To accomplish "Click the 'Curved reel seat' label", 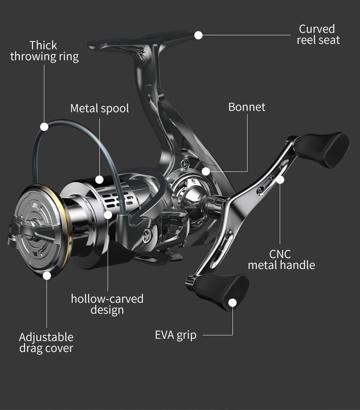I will pos(318,35).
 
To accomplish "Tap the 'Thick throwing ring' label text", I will pos(44,51).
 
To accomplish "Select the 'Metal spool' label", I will pos(99,108).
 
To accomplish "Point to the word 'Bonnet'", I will pos(247,107).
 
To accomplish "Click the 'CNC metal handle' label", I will pos(281,260).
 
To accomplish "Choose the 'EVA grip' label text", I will pos(175,335).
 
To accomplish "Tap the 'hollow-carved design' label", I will pos(107,304).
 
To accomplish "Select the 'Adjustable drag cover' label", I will pos(46,342).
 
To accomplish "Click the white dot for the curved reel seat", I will pos(198,35).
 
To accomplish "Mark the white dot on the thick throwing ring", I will pos(44,127).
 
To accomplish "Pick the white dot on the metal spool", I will pos(99,179).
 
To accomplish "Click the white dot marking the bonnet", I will pos(205,171).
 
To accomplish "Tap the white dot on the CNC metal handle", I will pos(280,180).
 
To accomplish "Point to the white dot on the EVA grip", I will pos(232,303).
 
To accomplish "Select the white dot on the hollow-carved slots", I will pos(108,215).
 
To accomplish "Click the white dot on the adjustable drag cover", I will pos(47,276).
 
